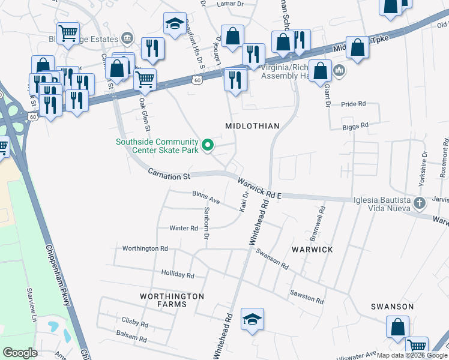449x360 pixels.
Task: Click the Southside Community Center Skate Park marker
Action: pyautogui.click(x=208, y=145)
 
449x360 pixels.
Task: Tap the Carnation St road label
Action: pyautogui.click(x=169, y=176)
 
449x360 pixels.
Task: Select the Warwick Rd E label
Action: pyautogui.click(x=259, y=188)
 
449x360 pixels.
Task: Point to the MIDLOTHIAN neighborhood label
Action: pyautogui.click(x=252, y=125)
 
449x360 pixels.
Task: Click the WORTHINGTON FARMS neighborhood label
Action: pyautogui.click(x=172, y=300)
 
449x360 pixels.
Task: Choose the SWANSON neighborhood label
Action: pyautogui.click(x=392, y=307)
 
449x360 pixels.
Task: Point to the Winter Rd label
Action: pyautogui.click(x=183, y=228)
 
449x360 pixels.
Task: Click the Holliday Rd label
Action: pyautogui.click(x=178, y=275)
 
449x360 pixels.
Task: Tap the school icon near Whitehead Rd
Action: pyautogui.click(x=253, y=319)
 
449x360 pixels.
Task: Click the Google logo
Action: pyautogui.click(x=20, y=353)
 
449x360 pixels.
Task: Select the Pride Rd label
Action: pyautogui.click(x=353, y=104)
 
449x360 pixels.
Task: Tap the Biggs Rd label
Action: pyautogui.click(x=356, y=125)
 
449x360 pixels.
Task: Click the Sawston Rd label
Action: pyautogui.click(x=307, y=296)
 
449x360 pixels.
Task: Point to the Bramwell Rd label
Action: pyautogui.click(x=322, y=220)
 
